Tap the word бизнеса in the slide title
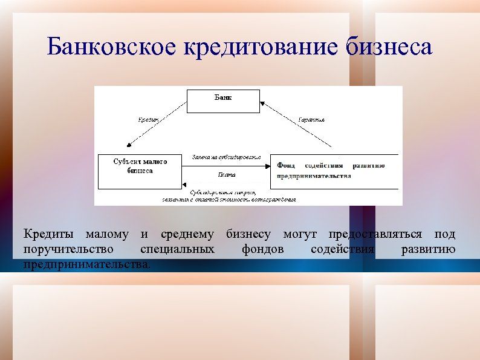pyautogui.click(x=390, y=47)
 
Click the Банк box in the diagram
pyautogui.click(x=223, y=101)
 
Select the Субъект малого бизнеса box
pyautogui.click(x=140, y=171)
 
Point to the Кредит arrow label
pyautogui.click(x=149, y=120)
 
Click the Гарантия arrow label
pyautogui.click(x=311, y=120)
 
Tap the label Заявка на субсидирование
pyautogui.click(x=226, y=157)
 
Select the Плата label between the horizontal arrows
pyautogui.click(x=226, y=175)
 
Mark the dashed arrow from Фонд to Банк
pyautogui.click(x=296, y=124)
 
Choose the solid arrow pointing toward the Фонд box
pyautogui.click(x=230, y=165)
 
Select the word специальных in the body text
pyautogui.click(x=177, y=249)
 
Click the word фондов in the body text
pyautogui.click(x=262, y=249)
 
